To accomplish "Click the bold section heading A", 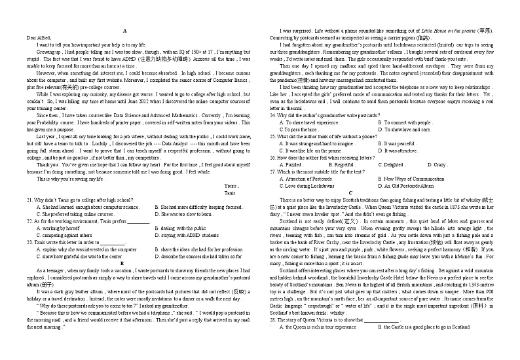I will pyautogui.click(x=124, y=31).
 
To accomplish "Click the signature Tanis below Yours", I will pyautogui.click(x=230, y=193).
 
